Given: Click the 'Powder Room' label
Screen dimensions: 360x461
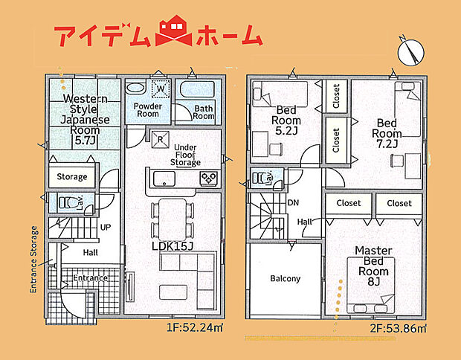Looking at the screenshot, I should (x=147, y=110).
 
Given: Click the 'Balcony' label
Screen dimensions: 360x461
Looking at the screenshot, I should (x=285, y=279).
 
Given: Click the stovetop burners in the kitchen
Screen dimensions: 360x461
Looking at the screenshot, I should (x=207, y=179).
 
